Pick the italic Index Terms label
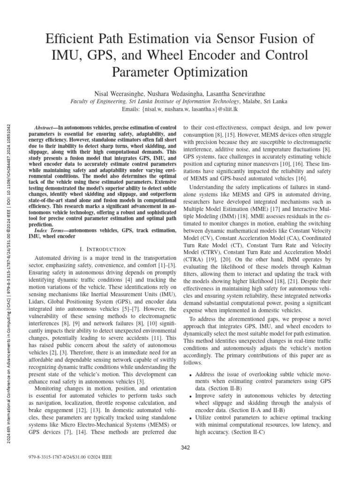tap(52, 232)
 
